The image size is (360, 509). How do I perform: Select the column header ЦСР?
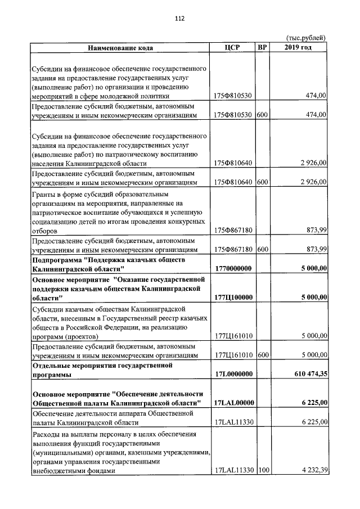232,47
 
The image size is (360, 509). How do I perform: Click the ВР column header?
262,47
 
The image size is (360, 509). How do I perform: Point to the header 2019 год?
299,47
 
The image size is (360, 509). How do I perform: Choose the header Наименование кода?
120,47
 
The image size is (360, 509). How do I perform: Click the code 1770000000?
233,269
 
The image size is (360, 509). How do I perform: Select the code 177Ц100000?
233,298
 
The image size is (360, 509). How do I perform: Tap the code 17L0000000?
233,373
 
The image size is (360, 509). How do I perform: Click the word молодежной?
132,96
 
